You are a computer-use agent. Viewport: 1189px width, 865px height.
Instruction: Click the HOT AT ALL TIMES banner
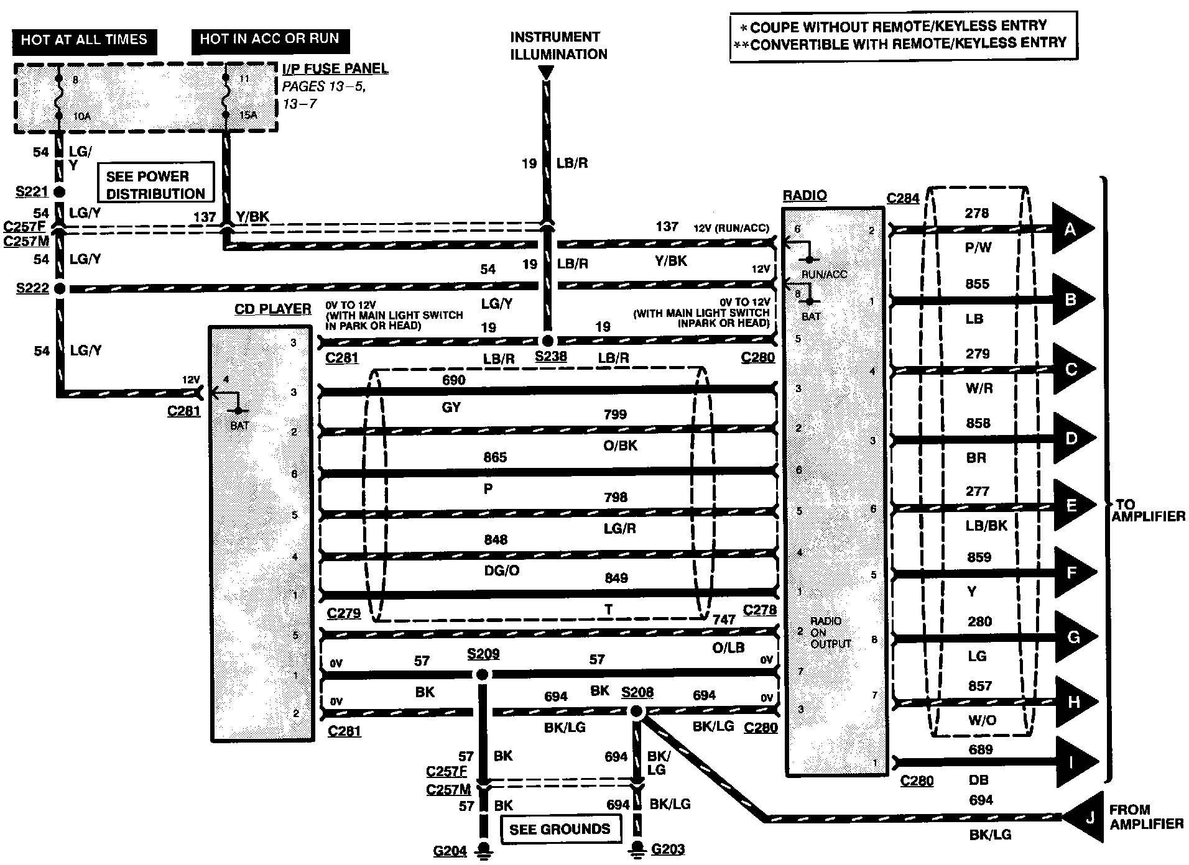[84, 40]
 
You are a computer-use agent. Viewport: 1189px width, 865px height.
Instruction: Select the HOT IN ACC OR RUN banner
[269, 39]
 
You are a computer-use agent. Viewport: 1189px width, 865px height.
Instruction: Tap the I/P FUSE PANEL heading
[335, 68]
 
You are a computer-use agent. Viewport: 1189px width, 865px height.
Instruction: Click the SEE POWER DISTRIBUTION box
[155, 185]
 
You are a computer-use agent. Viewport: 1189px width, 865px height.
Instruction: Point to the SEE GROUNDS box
[560, 829]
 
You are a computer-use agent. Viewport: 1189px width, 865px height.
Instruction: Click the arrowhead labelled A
[1071, 229]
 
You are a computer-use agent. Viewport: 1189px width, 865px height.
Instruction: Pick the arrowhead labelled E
[1072, 505]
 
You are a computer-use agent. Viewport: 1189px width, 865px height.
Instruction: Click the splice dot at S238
[547, 341]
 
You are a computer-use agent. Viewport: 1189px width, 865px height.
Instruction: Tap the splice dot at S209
[482, 675]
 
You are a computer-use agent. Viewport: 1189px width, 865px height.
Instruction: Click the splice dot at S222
[60, 289]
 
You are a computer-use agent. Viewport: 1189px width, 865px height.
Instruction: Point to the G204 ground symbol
[484, 849]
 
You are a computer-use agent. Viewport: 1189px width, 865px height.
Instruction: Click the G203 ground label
[668, 849]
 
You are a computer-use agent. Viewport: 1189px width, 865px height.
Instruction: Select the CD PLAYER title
[272, 309]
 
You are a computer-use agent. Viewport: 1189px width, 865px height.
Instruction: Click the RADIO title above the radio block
[805, 196]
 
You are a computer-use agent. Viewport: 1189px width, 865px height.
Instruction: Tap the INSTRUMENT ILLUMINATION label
[558, 45]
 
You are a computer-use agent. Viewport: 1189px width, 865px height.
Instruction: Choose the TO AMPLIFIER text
[1148, 510]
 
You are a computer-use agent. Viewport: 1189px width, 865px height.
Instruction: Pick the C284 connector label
[903, 199]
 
